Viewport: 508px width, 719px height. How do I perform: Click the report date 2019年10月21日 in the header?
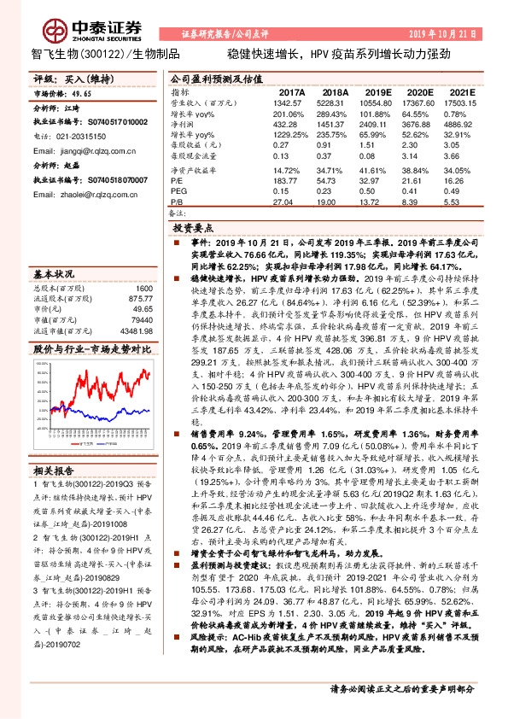point(452,33)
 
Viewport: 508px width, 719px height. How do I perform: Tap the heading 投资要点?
point(195,230)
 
